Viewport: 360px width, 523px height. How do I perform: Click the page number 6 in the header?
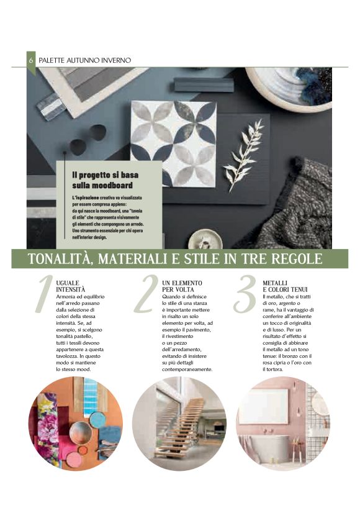click(x=30, y=60)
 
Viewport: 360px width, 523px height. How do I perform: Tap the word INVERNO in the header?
click(x=117, y=60)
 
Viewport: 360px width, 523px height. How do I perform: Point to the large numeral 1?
click(x=43, y=294)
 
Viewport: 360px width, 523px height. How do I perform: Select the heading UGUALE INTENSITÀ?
click(x=70, y=286)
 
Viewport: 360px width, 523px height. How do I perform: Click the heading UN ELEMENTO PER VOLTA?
click(x=182, y=286)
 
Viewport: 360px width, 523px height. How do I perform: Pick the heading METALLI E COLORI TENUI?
click(x=285, y=286)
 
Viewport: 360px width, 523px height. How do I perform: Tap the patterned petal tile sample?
click(x=173, y=143)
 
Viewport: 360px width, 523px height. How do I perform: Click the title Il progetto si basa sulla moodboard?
click(x=106, y=180)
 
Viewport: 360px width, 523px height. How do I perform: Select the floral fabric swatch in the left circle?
click(x=47, y=427)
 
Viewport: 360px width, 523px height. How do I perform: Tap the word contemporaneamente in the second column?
click(x=187, y=369)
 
